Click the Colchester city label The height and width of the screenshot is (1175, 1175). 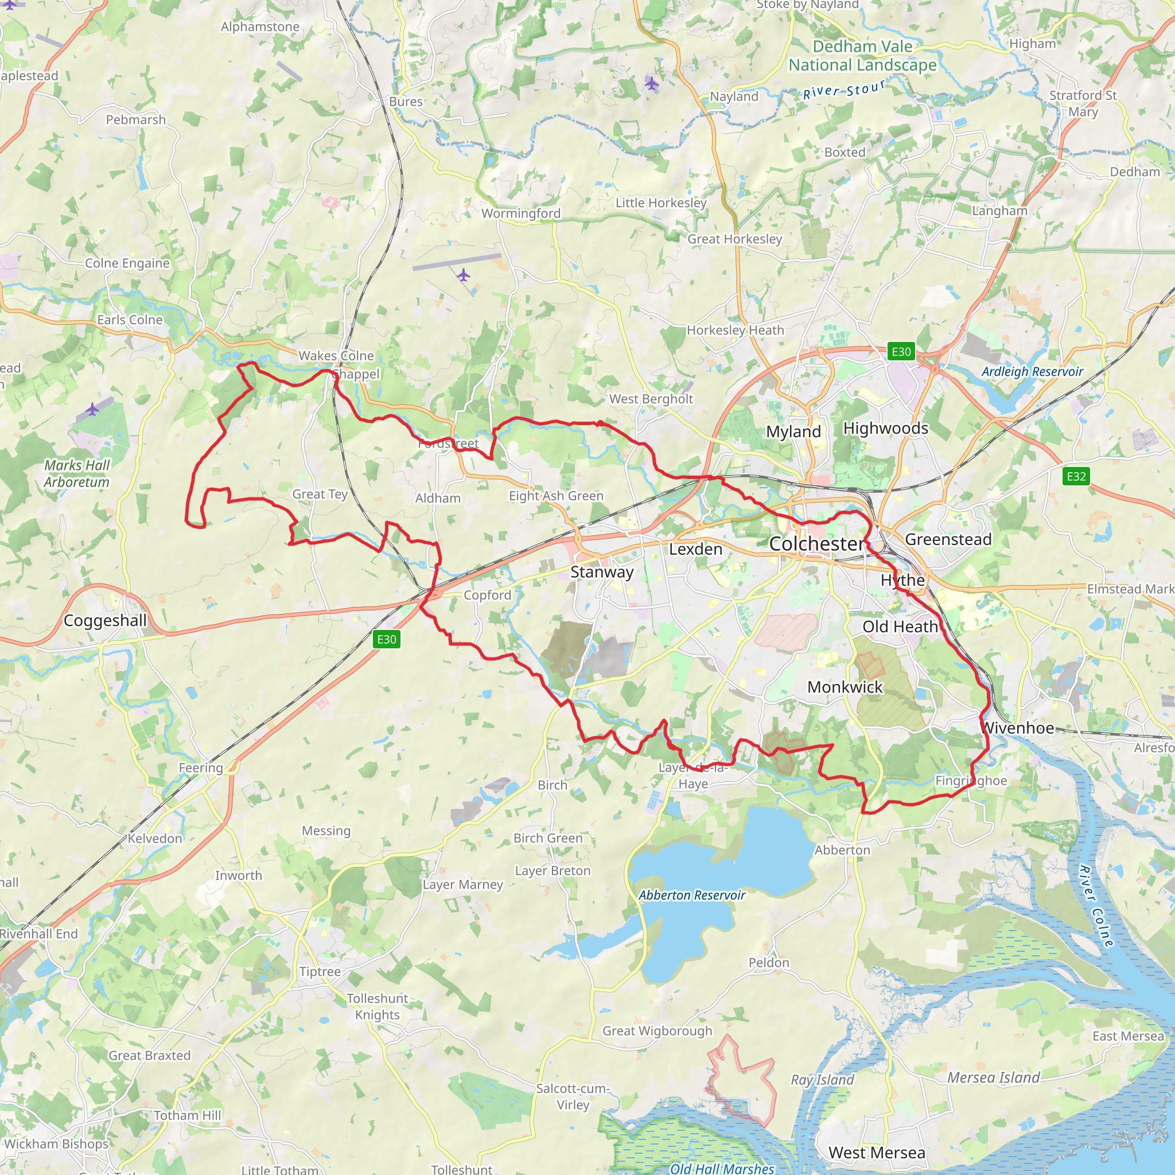(816, 544)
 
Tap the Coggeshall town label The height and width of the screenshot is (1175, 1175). (105, 620)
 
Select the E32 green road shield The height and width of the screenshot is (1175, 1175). (1076, 476)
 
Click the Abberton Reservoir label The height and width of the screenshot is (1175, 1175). (691, 894)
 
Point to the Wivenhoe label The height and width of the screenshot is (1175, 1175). (1017, 727)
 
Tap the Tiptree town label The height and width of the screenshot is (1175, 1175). (320, 971)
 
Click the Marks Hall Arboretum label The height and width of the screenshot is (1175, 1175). (77, 473)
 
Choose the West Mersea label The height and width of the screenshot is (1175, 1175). (877, 1153)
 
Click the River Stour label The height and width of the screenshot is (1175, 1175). (844, 91)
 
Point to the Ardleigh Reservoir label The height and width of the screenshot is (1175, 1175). (1032, 372)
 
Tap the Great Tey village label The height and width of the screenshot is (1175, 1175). (320, 494)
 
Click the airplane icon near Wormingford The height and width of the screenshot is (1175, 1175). (464, 275)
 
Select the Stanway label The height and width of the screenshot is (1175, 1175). (601, 571)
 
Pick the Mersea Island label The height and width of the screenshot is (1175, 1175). (993, 1077)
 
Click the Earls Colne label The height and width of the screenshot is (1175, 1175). (130, 320)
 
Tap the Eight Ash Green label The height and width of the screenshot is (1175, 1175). (556, 496)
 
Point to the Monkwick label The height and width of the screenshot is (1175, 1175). (845, 687)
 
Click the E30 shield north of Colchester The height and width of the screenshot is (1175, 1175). (901, 352)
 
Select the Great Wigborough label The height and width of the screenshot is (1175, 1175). (657, 1030)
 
